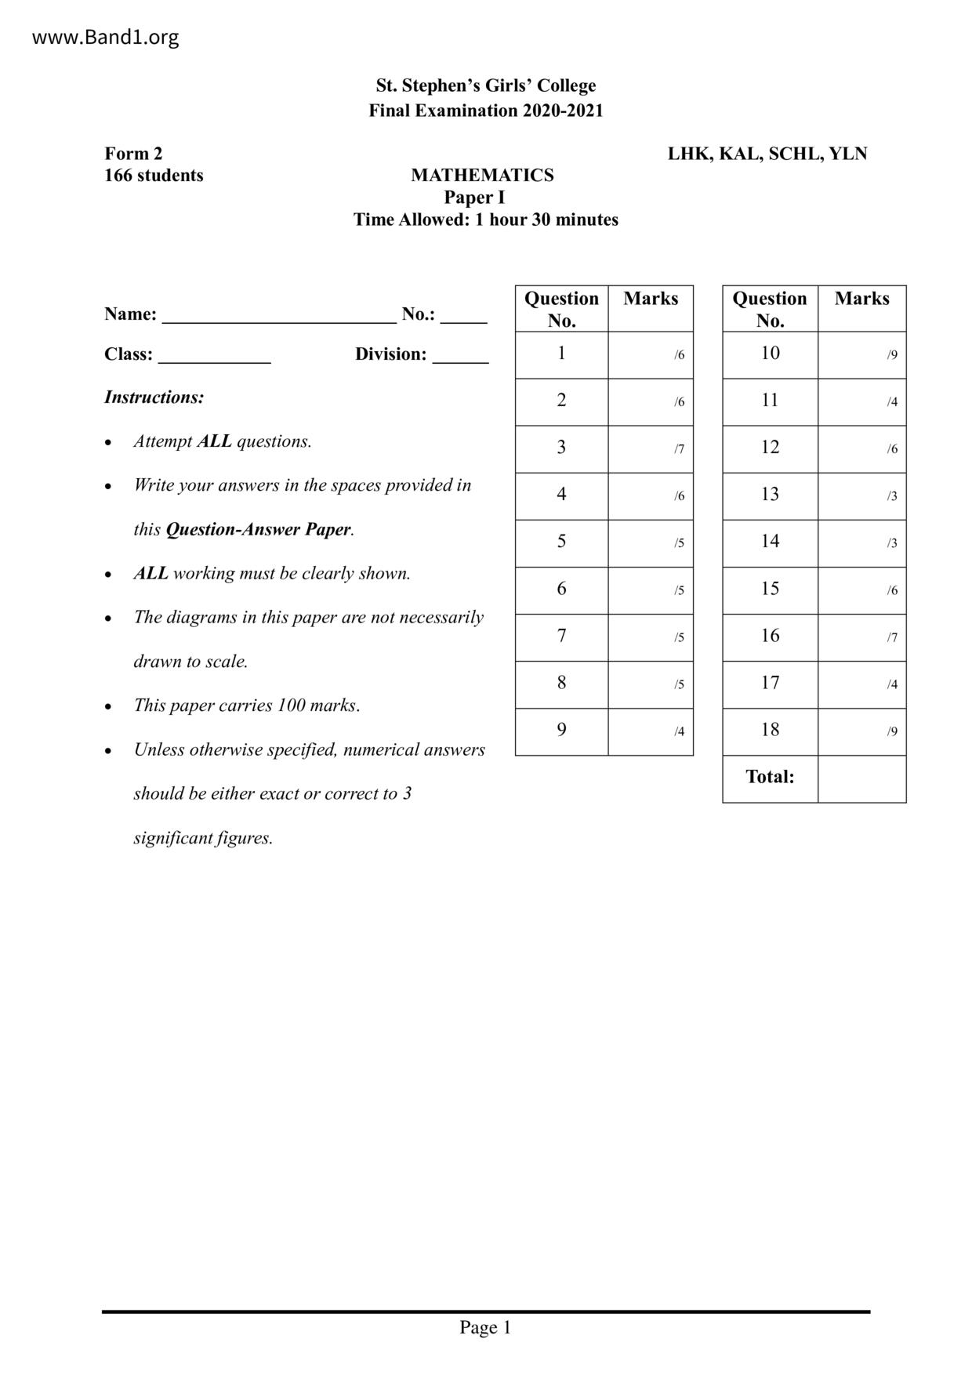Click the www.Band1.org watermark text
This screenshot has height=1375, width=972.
click(105, 37)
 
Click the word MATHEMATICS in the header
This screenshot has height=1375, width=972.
click(482, 176)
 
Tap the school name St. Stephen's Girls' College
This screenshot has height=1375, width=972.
click(485, 85)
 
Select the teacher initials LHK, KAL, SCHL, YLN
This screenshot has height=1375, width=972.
click(767, 154)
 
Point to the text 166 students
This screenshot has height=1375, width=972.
click(154, 176)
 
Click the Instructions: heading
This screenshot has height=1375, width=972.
click(154, 397)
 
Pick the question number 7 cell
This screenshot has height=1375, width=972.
click(561, 637)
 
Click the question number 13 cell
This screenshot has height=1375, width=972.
click(770, 495)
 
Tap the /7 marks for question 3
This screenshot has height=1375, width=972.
click(679, 449)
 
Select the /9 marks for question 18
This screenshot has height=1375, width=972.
click(892, 732)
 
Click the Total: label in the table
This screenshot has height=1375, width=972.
click(770, 777)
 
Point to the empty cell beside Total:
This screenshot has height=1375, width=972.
click(861, 778)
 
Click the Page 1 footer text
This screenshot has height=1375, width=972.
click(485, 1327)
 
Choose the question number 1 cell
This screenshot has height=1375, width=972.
click(561, 354)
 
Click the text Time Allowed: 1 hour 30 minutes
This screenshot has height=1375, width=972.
click(485, 220)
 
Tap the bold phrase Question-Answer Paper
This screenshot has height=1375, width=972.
click(258, 530)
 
